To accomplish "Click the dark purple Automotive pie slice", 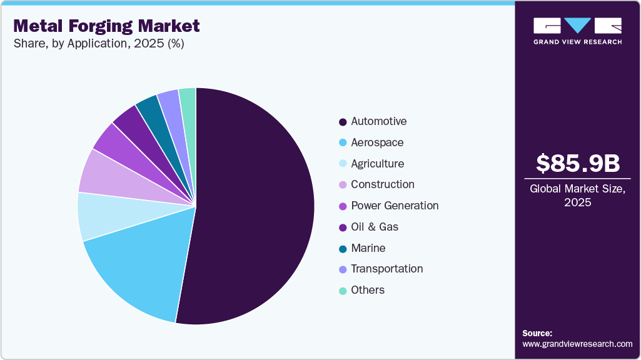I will coord(256,206).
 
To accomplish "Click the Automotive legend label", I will coord(378,121).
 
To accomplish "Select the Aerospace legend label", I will coord(377,142).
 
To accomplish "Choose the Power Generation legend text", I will coord(395,206).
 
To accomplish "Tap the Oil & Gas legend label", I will coord(375,227).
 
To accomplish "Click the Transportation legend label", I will coord(386,269).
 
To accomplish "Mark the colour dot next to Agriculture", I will coord(342,164).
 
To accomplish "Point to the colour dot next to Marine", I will coord(342,248).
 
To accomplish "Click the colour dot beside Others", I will coord(342,291).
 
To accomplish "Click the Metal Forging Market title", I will coord(106,26).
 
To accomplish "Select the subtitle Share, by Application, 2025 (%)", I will coord(98,44).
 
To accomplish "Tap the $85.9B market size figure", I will coord(578,163).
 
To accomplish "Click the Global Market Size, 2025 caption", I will coord(578,196).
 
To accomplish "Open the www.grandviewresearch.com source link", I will coord(577,344).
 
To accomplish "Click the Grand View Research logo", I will coord(577,31).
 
